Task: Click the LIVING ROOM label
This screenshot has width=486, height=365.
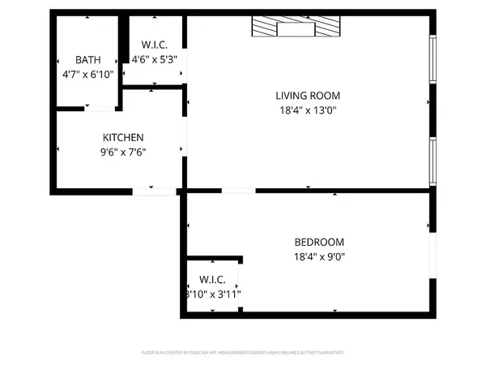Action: click(308, 95)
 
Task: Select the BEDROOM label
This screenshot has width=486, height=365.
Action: click(318, 243)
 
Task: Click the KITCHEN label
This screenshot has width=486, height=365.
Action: click(123, 137)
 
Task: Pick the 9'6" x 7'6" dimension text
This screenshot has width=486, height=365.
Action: click(123, 151)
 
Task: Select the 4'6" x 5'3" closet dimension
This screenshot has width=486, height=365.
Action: click(154, 59)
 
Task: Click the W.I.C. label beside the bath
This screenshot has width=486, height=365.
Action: click(154, 45)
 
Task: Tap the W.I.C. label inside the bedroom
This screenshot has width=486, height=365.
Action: click(211, 280)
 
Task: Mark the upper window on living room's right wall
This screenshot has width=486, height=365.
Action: click(433, 62)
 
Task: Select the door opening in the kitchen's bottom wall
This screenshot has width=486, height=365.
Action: click(154, 191)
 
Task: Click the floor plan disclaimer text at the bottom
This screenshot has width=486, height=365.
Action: click(243, 353)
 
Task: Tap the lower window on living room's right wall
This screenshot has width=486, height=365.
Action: click(433, 163)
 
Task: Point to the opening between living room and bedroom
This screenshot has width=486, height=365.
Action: click(238, 191)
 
